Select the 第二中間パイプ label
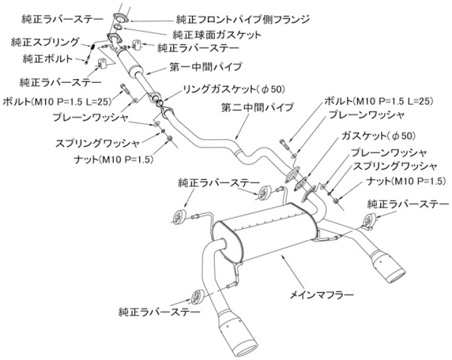(257, 108)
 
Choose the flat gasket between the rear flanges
(303, 183)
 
